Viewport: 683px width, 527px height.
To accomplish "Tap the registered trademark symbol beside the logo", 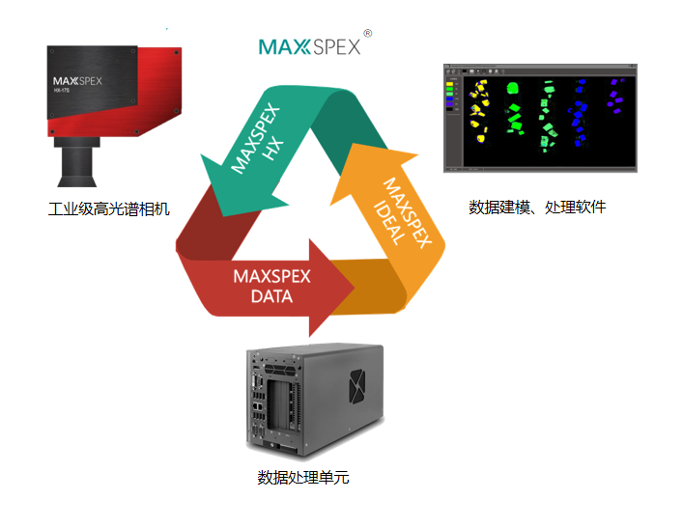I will point(368,32).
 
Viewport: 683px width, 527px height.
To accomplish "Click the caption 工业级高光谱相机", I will point(108,208).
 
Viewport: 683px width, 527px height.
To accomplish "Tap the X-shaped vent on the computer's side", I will point(359,387).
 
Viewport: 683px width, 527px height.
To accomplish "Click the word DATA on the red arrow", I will point(271,296).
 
